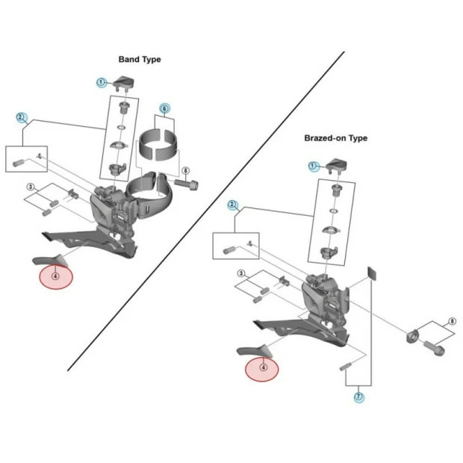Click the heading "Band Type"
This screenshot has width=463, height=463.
point(140,59)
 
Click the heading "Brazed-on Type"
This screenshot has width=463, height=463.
point(335,138)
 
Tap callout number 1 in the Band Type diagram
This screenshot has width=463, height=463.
point(100,82)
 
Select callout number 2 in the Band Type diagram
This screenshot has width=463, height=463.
point(22,117)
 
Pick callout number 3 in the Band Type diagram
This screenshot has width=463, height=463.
point(31,186)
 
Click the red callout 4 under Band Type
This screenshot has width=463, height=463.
point(56,276)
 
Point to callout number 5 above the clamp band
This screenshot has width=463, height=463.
point(164,108)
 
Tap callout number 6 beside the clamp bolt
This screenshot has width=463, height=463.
point(186,170)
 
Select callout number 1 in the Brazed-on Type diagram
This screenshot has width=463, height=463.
point(313,166)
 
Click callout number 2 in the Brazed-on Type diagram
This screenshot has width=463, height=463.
point(233,204)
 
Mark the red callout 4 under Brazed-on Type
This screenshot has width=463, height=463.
point(263,367)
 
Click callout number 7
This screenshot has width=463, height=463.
point(359,397)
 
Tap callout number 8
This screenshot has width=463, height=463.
point(451,322)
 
